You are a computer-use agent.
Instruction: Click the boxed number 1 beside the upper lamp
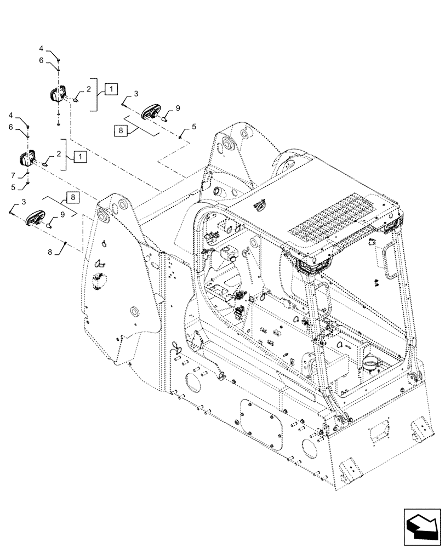click(x=111, y=89)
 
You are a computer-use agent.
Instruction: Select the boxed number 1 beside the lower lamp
click(x=80, y=157)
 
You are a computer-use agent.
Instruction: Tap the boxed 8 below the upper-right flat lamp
click(x=121, y=130)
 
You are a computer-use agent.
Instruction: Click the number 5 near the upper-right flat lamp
click(x=193, y=128)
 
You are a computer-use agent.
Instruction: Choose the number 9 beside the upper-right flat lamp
click(x=177, y=109)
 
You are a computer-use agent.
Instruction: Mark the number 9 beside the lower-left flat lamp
click(x=62, y=214)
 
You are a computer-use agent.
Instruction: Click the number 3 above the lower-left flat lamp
click(x=23, y=202)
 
